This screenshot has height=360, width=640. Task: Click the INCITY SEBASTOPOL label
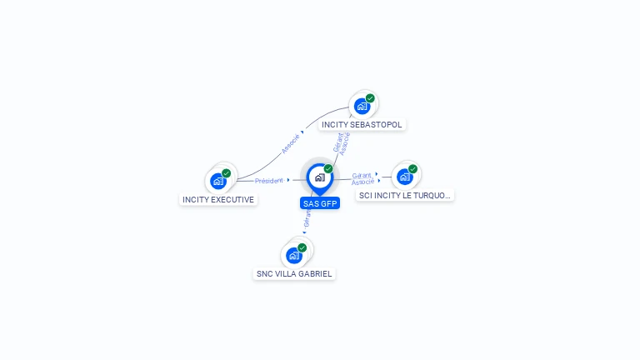[362, 125]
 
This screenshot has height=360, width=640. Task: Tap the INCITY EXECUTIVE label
[218, 200]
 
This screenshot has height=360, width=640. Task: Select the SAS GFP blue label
[320, 203]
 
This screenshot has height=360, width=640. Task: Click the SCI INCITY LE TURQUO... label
[405, 196]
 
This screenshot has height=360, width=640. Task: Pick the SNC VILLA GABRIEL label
[294, 273]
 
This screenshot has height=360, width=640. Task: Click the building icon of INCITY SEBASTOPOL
[362, 107]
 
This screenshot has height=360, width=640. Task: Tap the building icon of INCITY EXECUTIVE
[217, 181]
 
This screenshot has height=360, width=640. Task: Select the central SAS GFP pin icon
[319, 177]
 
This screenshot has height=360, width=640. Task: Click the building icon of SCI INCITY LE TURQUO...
[404, 177]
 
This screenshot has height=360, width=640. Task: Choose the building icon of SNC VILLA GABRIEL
[293, 256]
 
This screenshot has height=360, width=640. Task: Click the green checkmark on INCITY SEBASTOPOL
[370, 98]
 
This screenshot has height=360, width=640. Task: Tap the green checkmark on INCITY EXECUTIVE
[226, 173]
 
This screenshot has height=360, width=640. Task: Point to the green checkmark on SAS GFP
[328, 169]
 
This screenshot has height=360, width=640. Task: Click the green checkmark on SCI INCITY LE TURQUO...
[412, 169]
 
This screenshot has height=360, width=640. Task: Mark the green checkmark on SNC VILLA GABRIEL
[302, 247]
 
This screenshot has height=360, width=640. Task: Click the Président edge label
[269, 181]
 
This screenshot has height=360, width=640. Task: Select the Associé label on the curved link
[291, 143]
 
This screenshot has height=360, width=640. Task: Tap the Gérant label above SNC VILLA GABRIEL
[307, 218]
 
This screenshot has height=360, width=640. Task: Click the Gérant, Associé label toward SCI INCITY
[362, 178]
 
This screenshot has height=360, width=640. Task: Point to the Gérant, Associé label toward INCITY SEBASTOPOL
[342, 142]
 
